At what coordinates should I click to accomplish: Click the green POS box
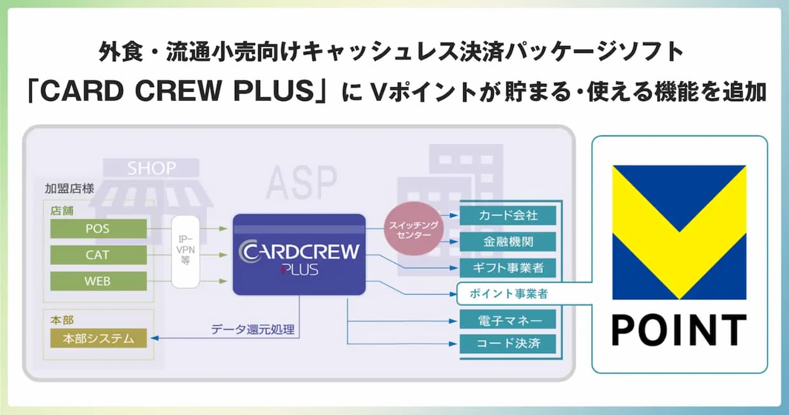tap(98, 228)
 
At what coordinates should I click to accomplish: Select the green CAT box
tap(98, 255)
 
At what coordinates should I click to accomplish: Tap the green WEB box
tap(98, 281)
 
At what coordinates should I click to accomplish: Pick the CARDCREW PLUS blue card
tap(299, 255)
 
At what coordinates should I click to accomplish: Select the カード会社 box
tap(508, 215)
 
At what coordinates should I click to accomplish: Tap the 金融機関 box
tap(508, 242)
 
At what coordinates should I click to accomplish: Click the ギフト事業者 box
tap(508, 268)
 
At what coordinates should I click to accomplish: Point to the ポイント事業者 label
tap(508, 294)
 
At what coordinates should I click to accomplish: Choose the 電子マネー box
tap(508, 319)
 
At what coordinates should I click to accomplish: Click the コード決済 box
tap(508, 344)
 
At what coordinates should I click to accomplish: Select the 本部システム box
tap(98, 338)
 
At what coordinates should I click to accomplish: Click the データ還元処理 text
tap(253, 330)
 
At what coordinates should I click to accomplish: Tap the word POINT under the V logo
tap(679, 330)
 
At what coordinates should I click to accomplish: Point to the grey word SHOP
tap(151, 168)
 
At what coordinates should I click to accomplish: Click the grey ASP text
tap(301, 183)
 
